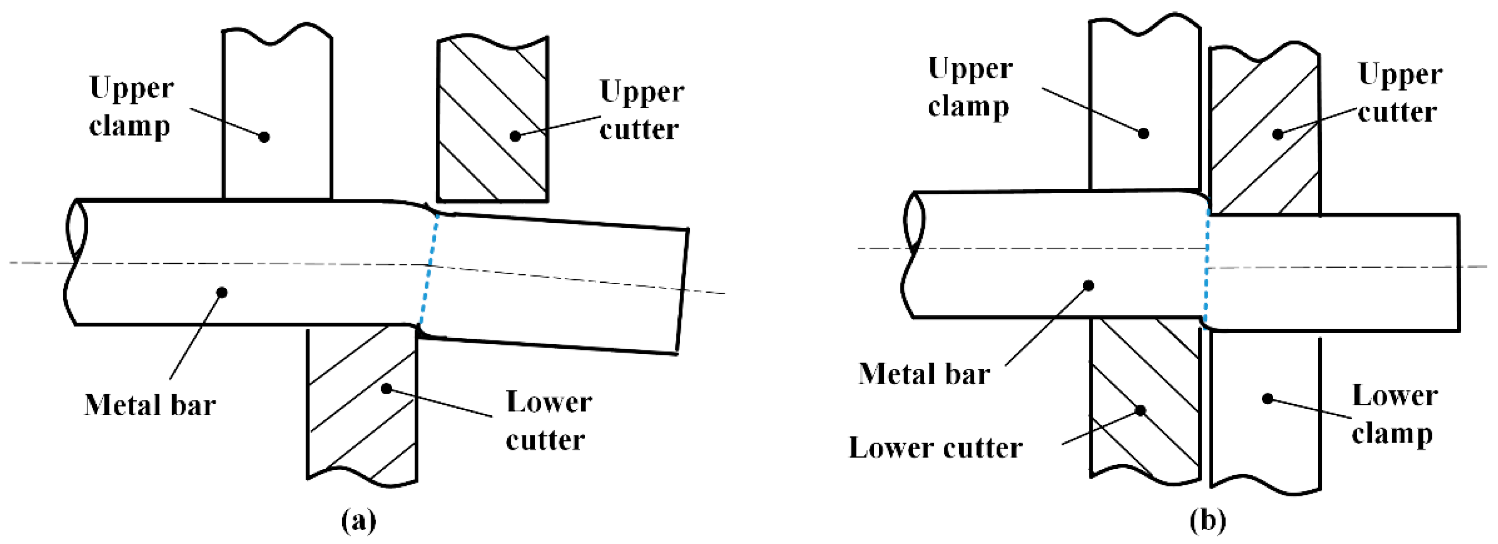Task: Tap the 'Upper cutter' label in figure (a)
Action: point(641,110)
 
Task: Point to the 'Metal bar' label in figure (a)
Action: point(150,405)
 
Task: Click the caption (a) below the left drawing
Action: point(359,519)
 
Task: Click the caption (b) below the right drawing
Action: point(1208,519)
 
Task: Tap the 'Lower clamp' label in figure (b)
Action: point(1394,414)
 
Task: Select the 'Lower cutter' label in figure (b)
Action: point(935,447)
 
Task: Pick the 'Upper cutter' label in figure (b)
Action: point(1399,93)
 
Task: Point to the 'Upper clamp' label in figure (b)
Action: point(970,87)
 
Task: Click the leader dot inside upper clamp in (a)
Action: point(264,137)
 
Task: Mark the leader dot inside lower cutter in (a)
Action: point(387,388)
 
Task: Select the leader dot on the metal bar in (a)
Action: point(222,292)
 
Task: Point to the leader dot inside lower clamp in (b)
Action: point(1268,399)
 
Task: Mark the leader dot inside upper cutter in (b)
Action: point(1277,134)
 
